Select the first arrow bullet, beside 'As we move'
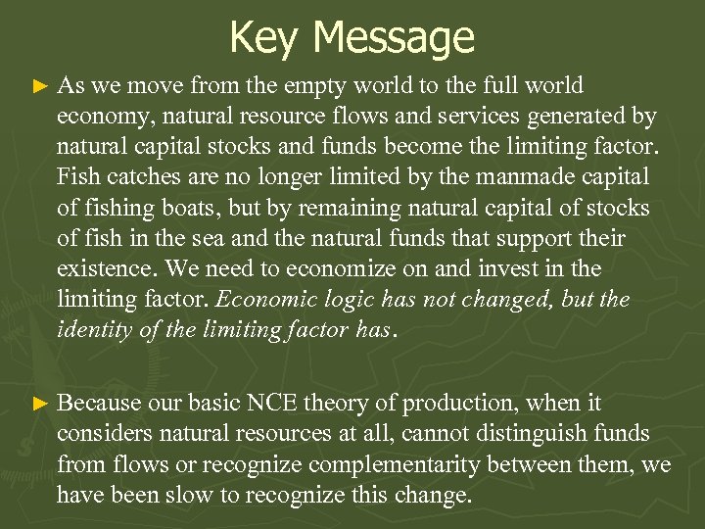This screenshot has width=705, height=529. pos(39,87)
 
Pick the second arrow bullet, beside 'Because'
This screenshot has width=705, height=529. pos(39,404)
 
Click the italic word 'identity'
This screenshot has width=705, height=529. pos(93,330)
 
